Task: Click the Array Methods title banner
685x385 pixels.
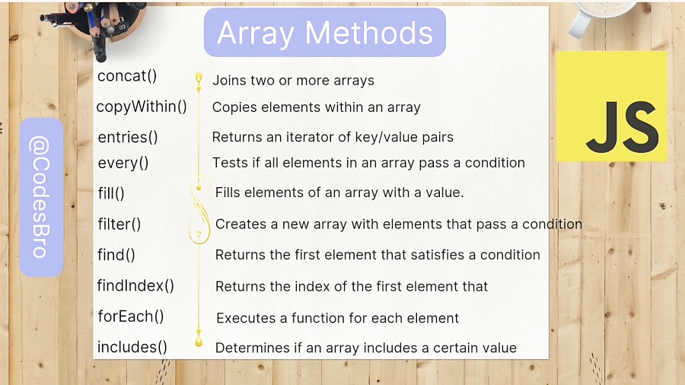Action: coord(324,32)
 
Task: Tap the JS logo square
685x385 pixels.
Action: coord(612,106)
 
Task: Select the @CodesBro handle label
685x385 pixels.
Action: coord(41,197)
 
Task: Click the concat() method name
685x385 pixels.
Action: coord(126,76)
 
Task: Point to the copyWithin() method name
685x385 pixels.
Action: coord(142,107)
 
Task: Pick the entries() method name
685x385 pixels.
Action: coord(128,138)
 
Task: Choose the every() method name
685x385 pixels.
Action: coord(123,164)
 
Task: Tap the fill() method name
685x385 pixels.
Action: coord(111,193)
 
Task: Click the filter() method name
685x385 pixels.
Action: coord(119,224)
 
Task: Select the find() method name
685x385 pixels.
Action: coord(116,255)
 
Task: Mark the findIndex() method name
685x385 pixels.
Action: coord(135,286)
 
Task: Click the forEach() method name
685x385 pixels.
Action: coord(131,317)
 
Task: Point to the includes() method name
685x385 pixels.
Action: coord(132,348)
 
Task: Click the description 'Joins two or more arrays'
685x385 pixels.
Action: coord(293,81)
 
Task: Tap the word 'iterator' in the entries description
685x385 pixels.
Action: coord(311,138)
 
